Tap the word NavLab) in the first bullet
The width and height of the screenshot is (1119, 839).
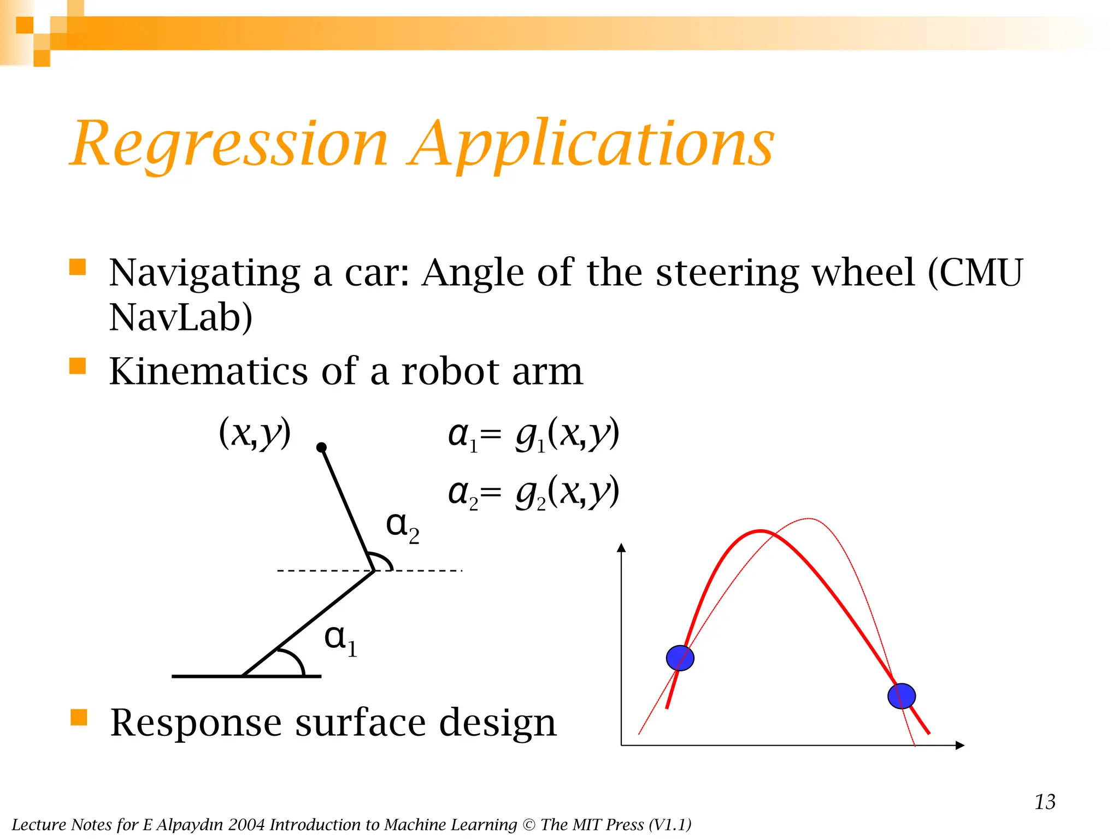180,317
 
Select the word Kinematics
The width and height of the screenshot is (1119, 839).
208,371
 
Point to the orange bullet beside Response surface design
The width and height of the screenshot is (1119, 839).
79,717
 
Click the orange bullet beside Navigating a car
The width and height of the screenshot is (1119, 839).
78,267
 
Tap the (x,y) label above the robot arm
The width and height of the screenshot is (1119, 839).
255,433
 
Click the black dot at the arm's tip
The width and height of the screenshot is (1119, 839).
322,448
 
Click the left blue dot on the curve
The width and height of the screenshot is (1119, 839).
680,658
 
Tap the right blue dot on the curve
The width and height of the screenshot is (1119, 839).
902,696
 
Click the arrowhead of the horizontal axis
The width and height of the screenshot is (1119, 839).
960,745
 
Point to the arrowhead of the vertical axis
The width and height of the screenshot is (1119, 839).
621,548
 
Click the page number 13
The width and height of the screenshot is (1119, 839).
1045,802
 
